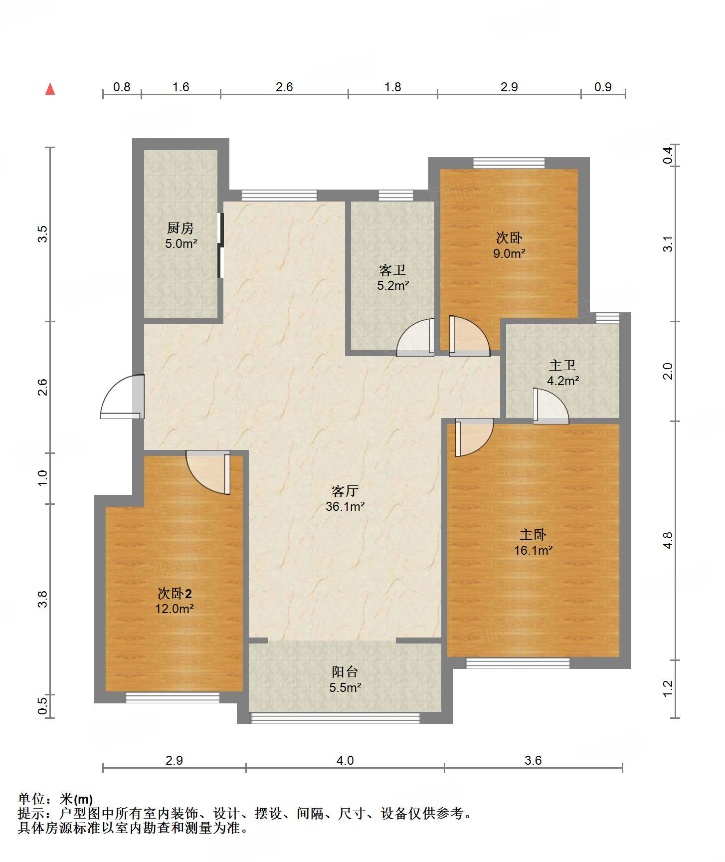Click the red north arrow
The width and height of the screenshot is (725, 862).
(x=50, y=89)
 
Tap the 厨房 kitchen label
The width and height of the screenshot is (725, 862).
(x=180, y=228)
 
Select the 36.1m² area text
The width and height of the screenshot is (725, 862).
(x=345, y=507)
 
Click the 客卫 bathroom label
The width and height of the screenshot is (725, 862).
(x=392, y=270)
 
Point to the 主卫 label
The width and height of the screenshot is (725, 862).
(x=562, y=365)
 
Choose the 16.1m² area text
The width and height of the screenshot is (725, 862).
(x=534, y=550)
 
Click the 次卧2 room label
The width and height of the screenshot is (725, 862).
(x=175, y=593)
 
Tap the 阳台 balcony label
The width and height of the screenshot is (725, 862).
(x=345, y=671)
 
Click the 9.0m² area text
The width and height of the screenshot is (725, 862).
(x=509, y=253)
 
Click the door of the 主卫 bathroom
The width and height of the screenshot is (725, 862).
(x=550, y=406)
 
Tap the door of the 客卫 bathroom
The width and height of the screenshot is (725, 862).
(x=415, y=337)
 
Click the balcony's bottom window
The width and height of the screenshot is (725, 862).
(x=335, y=718)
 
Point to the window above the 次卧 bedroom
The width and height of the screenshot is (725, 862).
(x=509, y=163)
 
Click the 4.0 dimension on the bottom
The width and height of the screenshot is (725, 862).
(x=345, y=760)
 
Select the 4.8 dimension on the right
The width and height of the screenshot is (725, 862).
(x=668, y=541)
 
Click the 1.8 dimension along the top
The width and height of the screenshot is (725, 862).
(x=393, y=87)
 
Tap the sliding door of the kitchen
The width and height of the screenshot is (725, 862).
(x=221, y=245)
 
